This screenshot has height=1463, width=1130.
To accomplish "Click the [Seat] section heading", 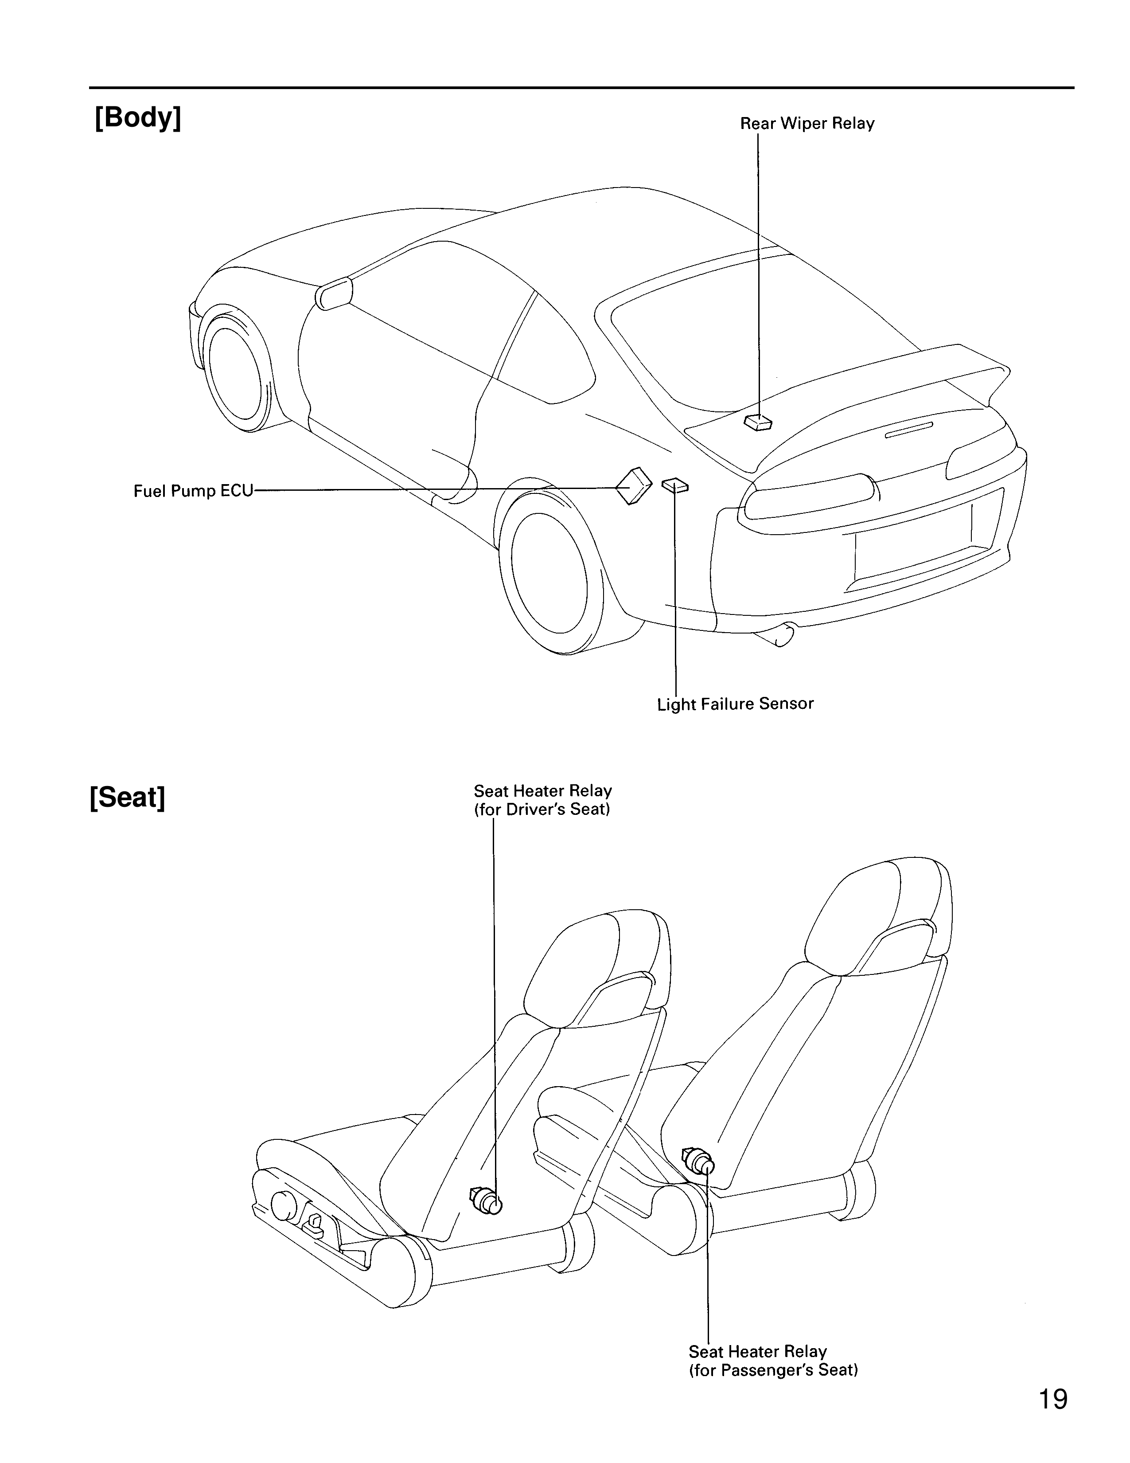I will (x=127, y=797).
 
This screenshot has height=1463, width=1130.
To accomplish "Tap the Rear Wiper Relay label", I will (x=807, y=124).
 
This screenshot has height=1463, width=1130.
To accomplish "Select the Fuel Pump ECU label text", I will (x=193, y=491).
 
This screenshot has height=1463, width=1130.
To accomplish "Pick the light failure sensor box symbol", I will (x=675, y=485).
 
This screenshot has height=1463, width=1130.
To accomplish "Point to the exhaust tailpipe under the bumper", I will (x=776, y=636).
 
